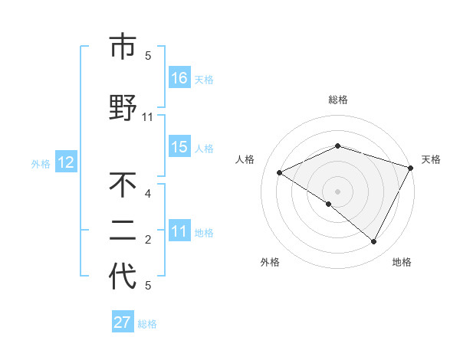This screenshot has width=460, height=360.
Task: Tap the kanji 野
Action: [123, 108]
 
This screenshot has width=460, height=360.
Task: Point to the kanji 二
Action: [123, 231]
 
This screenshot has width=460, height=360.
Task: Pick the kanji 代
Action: [123, 277]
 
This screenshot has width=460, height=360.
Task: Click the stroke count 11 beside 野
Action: [148, 117]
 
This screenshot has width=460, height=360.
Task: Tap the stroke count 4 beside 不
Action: [148, 193]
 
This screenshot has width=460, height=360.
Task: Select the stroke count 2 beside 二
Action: [148, 240]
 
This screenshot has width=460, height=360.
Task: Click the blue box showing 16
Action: [179, 77]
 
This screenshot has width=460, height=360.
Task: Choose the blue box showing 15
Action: [179, 147]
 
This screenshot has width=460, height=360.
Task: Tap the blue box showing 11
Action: [179, 231]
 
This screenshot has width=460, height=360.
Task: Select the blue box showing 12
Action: [66, 162]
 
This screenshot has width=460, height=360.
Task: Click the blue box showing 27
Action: [123, 322]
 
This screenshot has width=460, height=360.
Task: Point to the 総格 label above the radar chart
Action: [338, 100]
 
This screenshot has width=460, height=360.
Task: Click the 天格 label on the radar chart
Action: [432, 159]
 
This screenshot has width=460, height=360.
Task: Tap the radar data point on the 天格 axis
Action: [412, 167]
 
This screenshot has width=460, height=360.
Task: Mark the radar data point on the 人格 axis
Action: [280, 172]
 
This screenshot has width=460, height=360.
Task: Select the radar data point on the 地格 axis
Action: [374, 242]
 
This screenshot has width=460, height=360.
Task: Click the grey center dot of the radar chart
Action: [337, 191]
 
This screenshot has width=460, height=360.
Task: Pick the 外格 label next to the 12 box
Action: [41, 163]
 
